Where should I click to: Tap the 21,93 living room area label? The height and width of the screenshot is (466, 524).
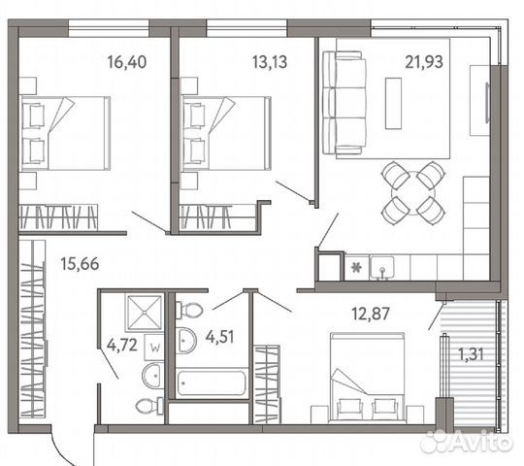click(424, 63)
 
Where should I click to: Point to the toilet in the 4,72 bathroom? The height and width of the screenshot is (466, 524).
click(147, 406)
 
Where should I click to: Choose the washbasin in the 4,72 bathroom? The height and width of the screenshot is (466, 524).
click(153, 375)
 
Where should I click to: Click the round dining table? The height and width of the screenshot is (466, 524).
click(411, 191)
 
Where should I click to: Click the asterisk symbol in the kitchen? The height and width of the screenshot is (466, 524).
click(357, 265)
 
